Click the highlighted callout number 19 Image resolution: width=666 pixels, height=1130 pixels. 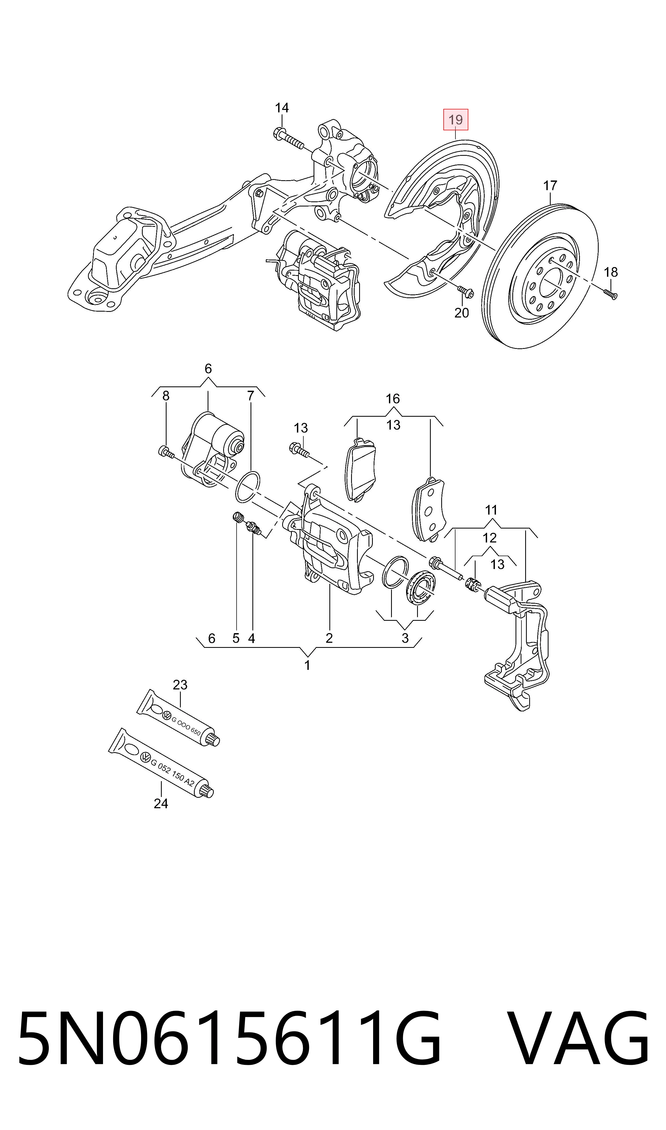tap(455, 120)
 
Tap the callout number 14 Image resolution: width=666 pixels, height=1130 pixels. tap(282, 108)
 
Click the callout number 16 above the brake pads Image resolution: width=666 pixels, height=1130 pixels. tap(393, 398)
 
